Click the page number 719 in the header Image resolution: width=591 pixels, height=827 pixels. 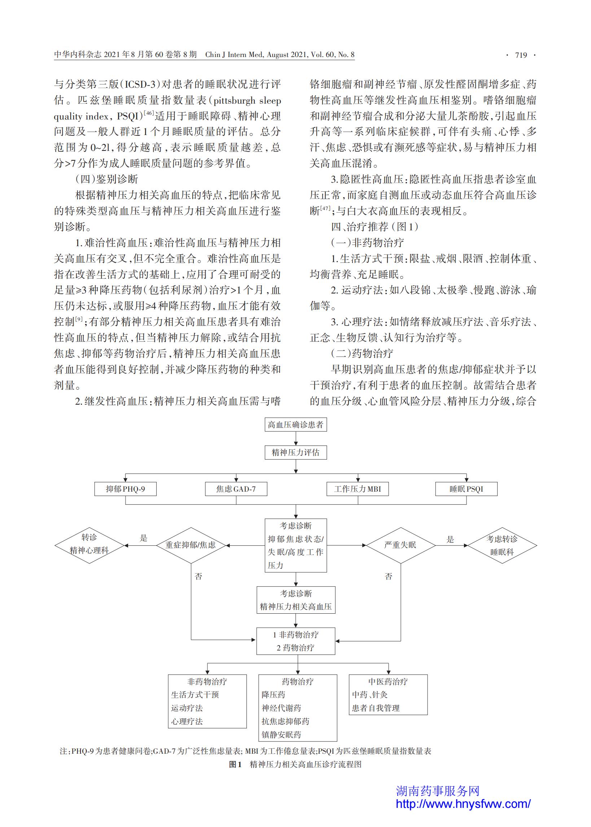(x=521, y=55)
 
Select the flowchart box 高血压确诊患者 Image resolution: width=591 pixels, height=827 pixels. (x=295, y=425)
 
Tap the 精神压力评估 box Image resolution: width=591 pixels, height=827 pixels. (x=295, y=452)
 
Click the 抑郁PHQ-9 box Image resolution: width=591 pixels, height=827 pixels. (x=126, y=489)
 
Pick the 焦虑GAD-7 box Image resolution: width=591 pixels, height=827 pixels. (x=236, y=489)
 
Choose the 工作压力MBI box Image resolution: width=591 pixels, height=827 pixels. (x=358, y=489)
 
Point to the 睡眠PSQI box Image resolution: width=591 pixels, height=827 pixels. (x=467, y=489)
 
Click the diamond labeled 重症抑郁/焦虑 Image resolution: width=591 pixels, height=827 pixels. (x=191, y=546)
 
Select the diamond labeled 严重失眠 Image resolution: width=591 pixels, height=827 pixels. (x=400, y=546)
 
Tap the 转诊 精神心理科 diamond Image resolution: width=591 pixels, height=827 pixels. (x=89, y=546)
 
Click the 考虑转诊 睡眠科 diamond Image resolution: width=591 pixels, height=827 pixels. (x=502, y=546)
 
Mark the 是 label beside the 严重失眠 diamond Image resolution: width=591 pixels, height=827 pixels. (x=451, y=539)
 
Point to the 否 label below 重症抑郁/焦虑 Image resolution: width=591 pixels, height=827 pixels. (x=199, y=576)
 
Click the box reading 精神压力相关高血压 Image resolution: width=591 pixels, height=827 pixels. (x=296, y=600)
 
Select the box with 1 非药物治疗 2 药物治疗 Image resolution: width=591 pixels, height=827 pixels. (x=296, y=641)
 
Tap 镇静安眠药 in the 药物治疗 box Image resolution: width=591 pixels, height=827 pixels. (x=281, y=735)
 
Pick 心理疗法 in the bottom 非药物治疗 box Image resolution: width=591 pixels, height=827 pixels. (x=187, y=722)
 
